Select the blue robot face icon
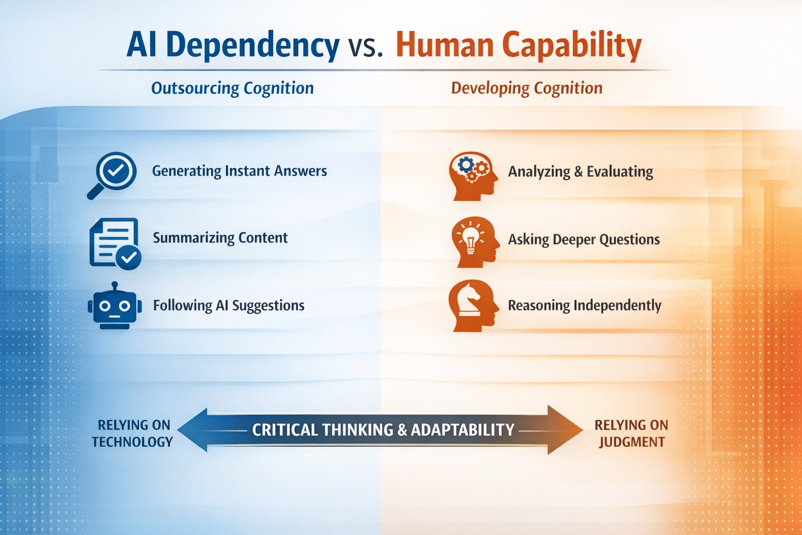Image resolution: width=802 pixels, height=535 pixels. (x=115, y=307)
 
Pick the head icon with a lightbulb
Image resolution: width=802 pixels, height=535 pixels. (x=474, y=242)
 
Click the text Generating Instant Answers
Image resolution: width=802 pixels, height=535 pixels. (x=239, y=171)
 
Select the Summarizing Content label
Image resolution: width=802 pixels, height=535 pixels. (x=220, y=238)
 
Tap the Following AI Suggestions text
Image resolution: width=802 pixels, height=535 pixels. (x=228, y=305)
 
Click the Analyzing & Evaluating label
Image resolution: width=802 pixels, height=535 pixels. (x=580, y=171)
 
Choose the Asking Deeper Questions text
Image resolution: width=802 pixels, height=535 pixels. (x=584, y=239)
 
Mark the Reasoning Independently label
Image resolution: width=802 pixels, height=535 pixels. (x=584, y=305)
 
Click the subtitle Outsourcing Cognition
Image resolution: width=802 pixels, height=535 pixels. (x=232, y=88)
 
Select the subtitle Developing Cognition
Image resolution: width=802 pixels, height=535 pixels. (x=526, y=88)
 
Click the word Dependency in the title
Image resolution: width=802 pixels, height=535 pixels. (x=252, y=45)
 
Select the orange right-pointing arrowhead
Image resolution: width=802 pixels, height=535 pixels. (x=565, y=429)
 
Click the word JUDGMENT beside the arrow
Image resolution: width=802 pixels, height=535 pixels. (x=631, y=442)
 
